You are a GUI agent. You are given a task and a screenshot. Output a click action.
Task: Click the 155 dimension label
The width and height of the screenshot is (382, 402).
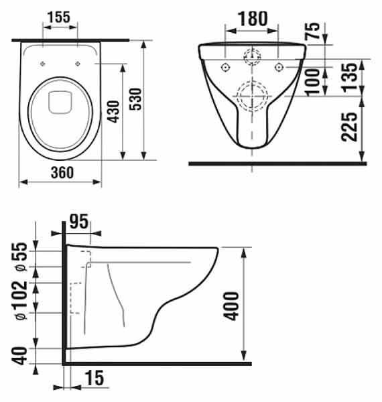[59, 17]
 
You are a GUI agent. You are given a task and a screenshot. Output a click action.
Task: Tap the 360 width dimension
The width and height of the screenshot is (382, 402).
[62, 173]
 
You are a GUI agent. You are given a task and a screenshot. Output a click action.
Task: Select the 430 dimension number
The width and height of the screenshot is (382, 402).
[113, 112]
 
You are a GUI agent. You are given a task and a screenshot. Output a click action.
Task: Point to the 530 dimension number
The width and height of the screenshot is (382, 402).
[135, 99]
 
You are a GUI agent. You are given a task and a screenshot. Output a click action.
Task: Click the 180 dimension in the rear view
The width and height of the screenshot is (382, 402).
[253, 19]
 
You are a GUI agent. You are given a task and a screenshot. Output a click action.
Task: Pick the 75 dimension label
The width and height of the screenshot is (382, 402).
[312, 31]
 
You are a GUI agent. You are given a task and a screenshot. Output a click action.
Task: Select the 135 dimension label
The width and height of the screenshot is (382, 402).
[349, 77]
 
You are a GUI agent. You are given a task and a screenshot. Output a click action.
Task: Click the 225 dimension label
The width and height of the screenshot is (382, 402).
[349, 127]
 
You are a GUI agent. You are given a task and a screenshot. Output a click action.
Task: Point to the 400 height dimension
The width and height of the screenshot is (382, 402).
[231, 306]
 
